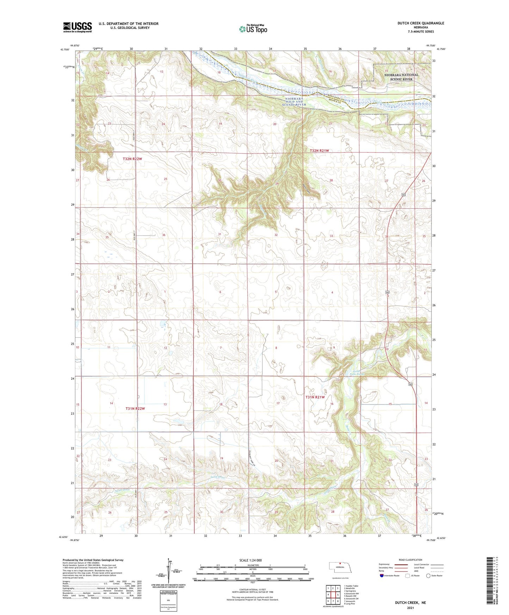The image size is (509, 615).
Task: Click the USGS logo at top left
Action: (77, 27)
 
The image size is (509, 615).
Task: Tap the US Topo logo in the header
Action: (253, 29)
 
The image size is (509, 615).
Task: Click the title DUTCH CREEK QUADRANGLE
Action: (416, 23)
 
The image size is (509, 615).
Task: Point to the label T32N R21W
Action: (319, 151)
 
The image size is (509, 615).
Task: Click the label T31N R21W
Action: (315, 397)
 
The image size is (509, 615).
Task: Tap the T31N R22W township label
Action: (135, 409)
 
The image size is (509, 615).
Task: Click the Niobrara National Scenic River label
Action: (401, 77)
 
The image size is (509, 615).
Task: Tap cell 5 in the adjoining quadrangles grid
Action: (338, 595)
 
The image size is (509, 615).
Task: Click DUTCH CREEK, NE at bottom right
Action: (410, 603)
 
